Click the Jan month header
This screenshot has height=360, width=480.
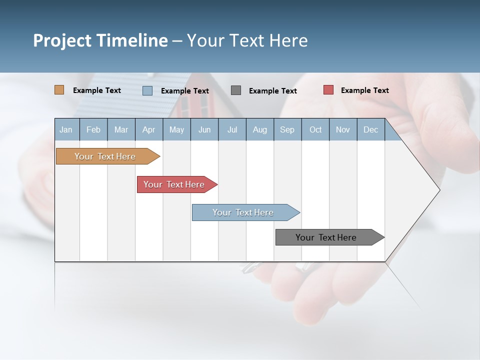66,129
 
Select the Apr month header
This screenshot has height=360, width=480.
148,129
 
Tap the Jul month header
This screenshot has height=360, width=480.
232,129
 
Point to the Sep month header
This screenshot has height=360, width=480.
287,129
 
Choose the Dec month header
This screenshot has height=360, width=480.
370,129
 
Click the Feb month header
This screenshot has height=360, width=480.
93,129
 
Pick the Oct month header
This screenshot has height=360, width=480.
315,129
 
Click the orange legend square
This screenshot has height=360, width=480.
59,90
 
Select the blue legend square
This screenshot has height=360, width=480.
147,90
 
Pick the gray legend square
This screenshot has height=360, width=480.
236,90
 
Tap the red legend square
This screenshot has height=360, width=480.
328,90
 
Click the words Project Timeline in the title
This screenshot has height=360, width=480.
100,40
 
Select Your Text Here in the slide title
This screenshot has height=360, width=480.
247,40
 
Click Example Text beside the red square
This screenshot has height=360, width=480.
364,90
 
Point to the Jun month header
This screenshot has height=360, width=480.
204,129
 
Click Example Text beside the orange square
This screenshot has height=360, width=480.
97,90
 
